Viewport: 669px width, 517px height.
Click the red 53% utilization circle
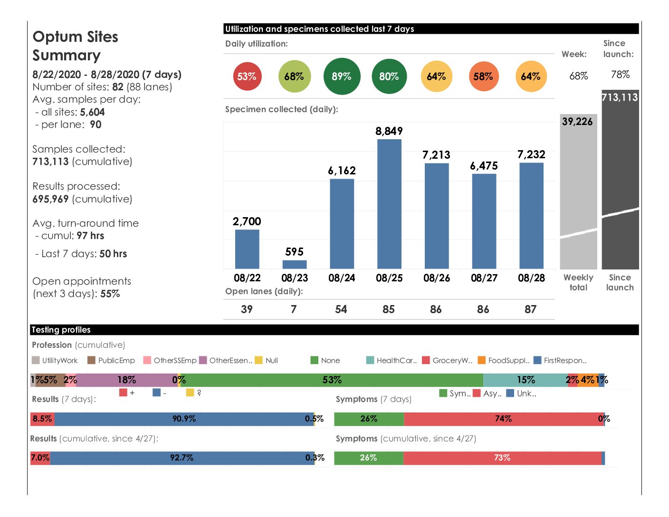click(x=247, y=77)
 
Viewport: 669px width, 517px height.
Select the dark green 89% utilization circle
click(x=342, y=77)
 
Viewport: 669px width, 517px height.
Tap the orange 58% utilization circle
click(x=483, y=77)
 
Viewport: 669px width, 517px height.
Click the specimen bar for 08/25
click(x=389, y=204)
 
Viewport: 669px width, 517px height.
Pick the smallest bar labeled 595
click(x=295, y=264)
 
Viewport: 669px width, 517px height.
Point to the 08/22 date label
click(x=247, y=278)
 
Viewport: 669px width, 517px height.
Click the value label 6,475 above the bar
click(x=484, y=166)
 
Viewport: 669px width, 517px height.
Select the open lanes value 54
click(x=341, y=309)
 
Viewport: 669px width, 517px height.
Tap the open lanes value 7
click(x=294, y=309)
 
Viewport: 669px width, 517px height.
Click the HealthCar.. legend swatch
click(x=371, y=360)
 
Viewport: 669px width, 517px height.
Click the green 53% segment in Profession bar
click(x=332, y=380)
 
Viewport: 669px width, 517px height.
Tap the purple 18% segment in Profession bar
click(x=126, y=380)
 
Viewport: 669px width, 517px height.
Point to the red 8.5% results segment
click(x=42, y=419)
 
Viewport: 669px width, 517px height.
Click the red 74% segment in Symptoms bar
click(x=504, y=419)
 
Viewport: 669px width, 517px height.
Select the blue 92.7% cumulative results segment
click(x=182, y=458)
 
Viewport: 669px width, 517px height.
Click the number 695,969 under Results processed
click(x=50, y=199)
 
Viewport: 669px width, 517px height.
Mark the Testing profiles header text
click(x=61, y=330)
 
